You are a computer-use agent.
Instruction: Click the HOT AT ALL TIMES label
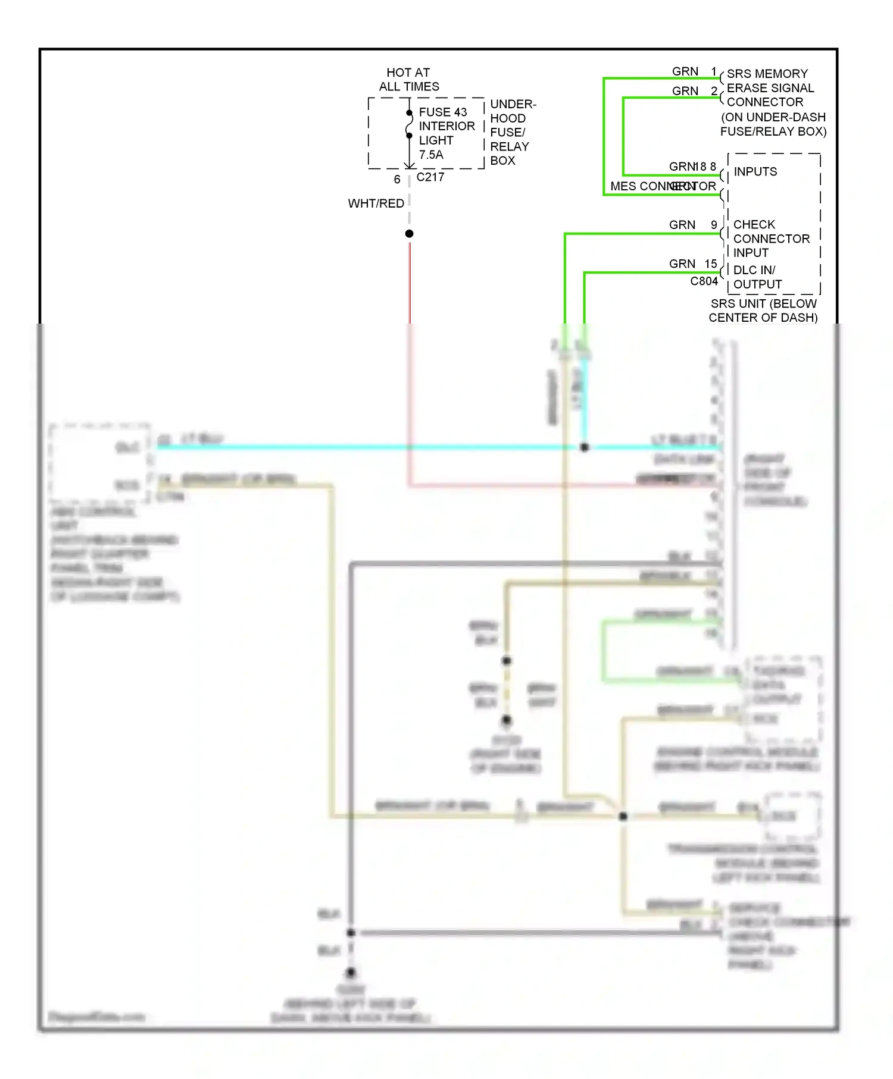pyautogui.click(x=408, y=80)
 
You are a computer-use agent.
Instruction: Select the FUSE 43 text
pyautogui.click(x=442, y=112)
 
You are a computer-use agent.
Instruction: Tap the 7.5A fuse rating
pyautogui.click(x=431, y=155)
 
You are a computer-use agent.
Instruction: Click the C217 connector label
pyautogui.click(x=430, y=177)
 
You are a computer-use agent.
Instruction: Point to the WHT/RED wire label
pyautogui.click(x=376, y=203)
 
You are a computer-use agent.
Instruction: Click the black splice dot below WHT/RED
pyautogui.click(x=410, y=234)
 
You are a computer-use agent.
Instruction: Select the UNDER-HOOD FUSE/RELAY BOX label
pyautogui.click(x=512, y=132)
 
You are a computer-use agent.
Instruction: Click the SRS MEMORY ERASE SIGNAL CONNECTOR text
pyautogui.click(x=770, y=88)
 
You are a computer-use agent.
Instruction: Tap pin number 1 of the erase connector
pyautogui.click(x=714, y=71)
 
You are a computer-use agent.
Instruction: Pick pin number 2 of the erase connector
pyautogui.click(x=714, y=91)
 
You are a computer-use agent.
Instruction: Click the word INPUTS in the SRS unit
pyautogui.click(x=755, y=172)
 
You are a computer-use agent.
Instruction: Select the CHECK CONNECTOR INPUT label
pyautogui.click(x=770, y=239)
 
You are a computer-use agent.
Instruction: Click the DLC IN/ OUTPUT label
pyautogui.click(x=757, y=277)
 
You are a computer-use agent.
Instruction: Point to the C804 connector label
pyautogui.click(x=704, y=281)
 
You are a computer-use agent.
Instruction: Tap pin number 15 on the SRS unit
pyautogui.click(x=711, y=264)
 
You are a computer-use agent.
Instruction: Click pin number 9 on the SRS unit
pyautogui.click(x=714, y=225)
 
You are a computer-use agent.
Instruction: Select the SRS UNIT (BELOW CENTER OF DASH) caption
pyautogui.click(x=763, y=310)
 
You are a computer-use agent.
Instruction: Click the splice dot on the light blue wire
pyautogui.click(x=585, y=447)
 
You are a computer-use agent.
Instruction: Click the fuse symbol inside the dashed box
pyautogui.click(x=410, y=124)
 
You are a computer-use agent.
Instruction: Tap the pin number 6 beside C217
pyautogui.click(x=397, y=179)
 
